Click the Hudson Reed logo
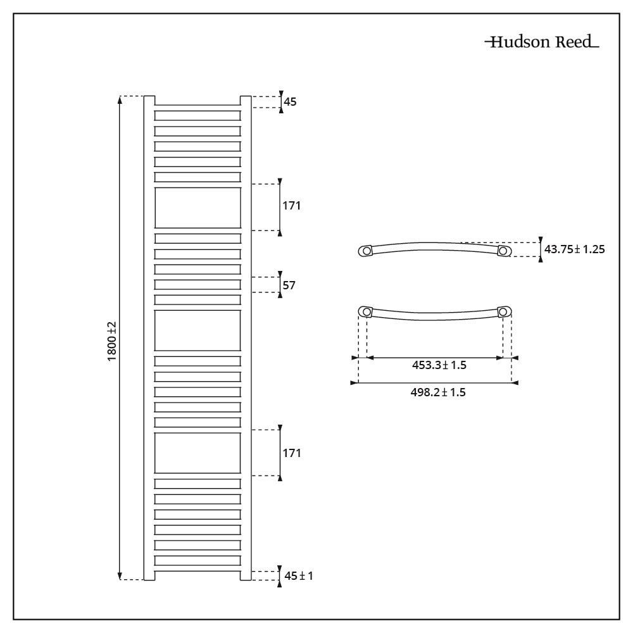pyautogui.click(x=542, y=42)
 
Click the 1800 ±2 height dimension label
pyautogui.click(x=112, y=341)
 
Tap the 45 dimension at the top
pyautogui.click(x=290, y=102)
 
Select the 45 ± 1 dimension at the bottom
pyautogui.click(x=299, y=575)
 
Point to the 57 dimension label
pyautogui.click(x=289, y=285)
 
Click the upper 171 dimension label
pyautogui.click(x=291, y=206)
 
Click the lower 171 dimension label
pyautogui.click(x=291, y=453)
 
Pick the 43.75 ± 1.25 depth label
pyautogui.click(x=575, y=249)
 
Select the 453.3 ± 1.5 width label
pyautogui.click(x=439, y=365)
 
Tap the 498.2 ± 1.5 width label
pyautogui.click(x=438, y=392)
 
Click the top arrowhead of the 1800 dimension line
pyautogui.click(x=120, y=99)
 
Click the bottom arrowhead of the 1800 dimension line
pyautogui.click(x=120, y=576)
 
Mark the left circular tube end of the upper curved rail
pyautogui.click(x=366, y=251)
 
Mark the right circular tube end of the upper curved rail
pyautogui.click(x=503, y=251)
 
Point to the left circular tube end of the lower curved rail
pyautogui.click(x=367, y=311)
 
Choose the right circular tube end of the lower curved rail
pyautogui.click(x=503, y=311)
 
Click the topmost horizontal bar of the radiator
pyautogui.click(x=197, y=115)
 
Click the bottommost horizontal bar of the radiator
pyautogui.click(x=197, y=561)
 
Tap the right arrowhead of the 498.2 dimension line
pyautogui.click(x=515, y=383)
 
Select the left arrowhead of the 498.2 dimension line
pyautogui.click(x=354, y=383)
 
